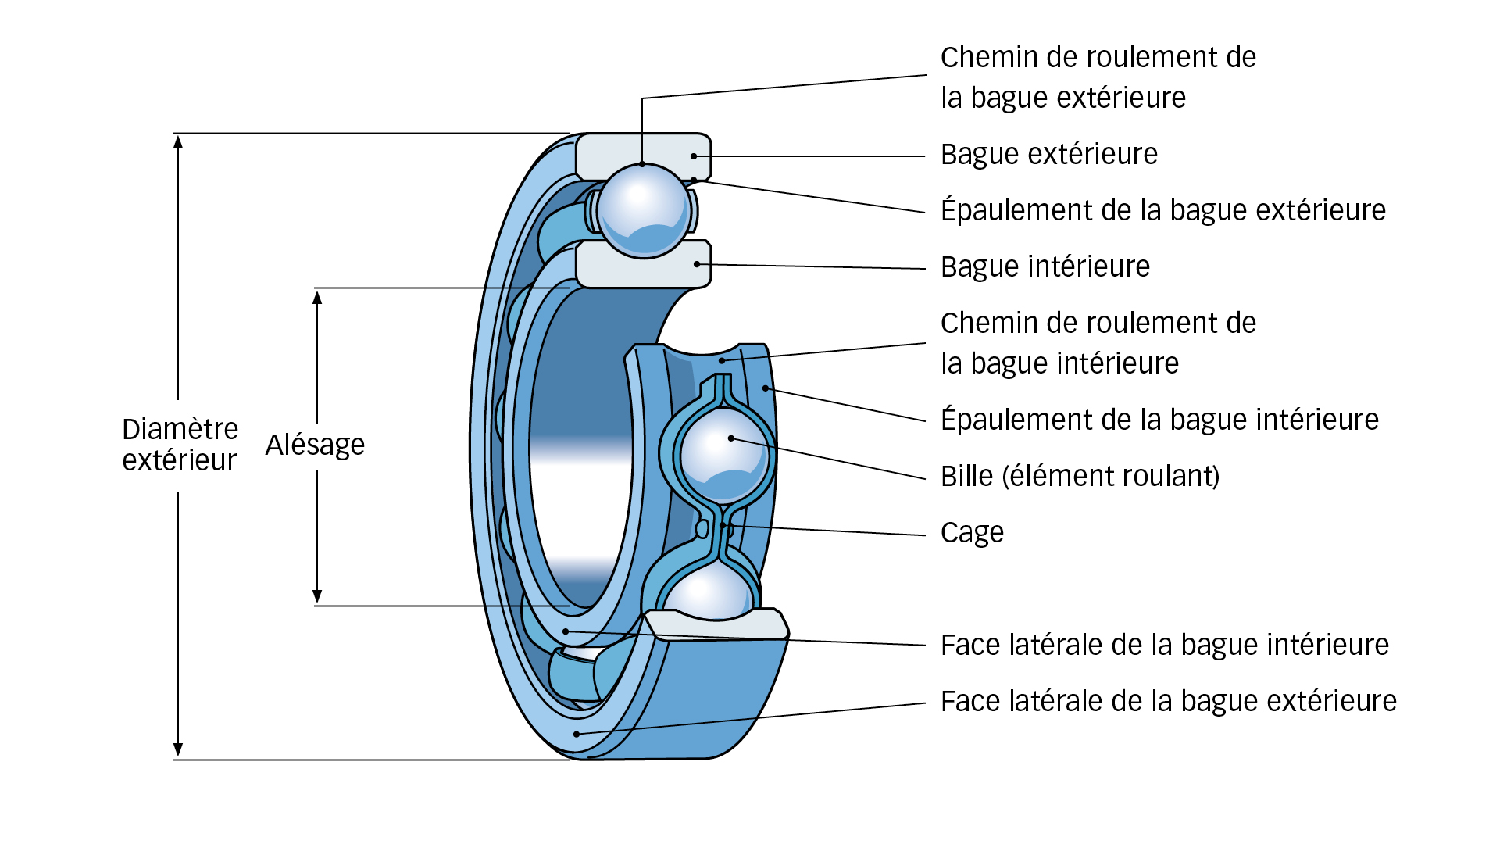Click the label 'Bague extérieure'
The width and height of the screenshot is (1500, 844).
(1048, 155)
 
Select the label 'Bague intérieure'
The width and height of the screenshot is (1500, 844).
(1045, 267)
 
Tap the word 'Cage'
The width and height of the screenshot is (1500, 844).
(971, 533)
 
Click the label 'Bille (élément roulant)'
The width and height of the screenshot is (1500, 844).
(1080, 477)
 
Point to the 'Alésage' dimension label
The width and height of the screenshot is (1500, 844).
(315, 445)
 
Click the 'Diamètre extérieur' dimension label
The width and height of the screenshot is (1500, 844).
(180, 445)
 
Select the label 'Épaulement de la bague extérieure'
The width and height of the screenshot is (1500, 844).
(1162, 211)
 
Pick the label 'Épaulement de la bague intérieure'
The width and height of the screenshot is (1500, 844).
(1159, 420)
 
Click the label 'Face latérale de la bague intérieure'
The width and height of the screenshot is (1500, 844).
(1164, 646)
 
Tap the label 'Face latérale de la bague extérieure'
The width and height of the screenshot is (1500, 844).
(1168, 702)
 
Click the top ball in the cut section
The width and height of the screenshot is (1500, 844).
(643, 210)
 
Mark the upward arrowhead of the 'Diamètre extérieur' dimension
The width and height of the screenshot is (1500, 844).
(178, 141)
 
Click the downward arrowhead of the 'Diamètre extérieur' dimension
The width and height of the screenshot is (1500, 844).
(178, 751)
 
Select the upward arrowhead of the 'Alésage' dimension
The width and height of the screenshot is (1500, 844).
(317, 297)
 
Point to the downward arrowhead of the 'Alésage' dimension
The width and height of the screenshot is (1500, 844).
(317, 597)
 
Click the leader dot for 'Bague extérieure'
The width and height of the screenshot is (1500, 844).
(694, 156)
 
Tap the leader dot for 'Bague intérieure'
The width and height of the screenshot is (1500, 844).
(697, 264)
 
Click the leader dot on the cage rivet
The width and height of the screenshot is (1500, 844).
(723, 525)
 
